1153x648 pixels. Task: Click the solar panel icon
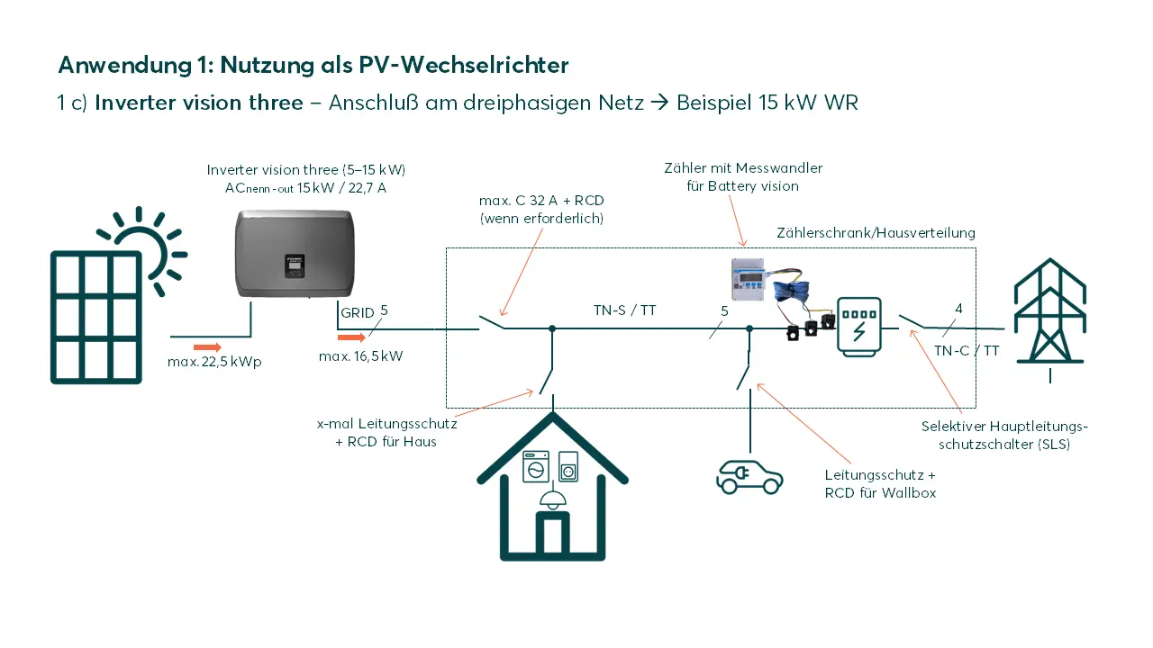click(x=96, y=317)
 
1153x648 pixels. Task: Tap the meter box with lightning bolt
click(x=858, y=326)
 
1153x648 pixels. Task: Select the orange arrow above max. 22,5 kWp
click(x=207, y=346)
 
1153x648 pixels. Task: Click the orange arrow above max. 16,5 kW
click(x=352, y=338)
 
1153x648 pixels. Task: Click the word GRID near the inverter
click(x=357, y=312)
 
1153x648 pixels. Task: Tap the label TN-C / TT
click(x=967, y=351)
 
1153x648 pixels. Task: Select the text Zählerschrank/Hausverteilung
click(x=876, y=232)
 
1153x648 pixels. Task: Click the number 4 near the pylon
click(x=958, y=309)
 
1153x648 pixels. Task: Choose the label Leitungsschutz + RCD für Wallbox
click(x=880, y=483)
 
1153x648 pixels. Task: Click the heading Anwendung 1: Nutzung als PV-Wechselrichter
click(x=313, y=65)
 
